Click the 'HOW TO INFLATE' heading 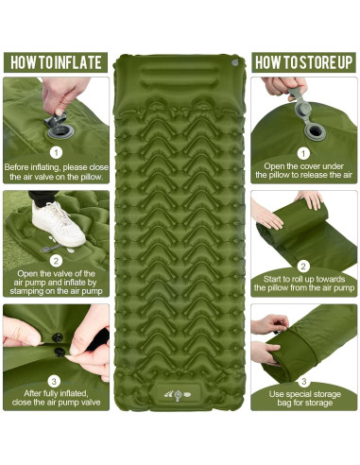pyautogui.click(x=56, y=62)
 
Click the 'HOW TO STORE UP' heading pyautogui.click(x=303, y=62)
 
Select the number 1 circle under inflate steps pyautogui.click(x=56, y=153)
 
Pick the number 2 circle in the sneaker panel pyautogui.click(x=56, y=261)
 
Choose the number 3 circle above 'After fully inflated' pyautogui.click(x=54, y=381)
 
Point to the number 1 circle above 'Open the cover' pyautogui.click(x=303, y=153)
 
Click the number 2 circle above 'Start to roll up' pyautogui.click(x=303, y=267)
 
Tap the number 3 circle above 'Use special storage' pyautogui.click(x=303, y=381)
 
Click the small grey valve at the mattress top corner pyautogui.click(x=234, y=62)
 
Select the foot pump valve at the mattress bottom pyautogui.click(x=178, y=395)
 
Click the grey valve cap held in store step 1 pyautogui.click(x=300, y=101)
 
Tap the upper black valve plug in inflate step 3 pyautogui.click(x=58, y=337)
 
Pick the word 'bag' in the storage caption pyautogui.click(x=284, y=403)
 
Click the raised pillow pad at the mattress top pyautogui.click(x=179, y=76)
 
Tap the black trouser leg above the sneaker pyautogui.click(x=43, y=198)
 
